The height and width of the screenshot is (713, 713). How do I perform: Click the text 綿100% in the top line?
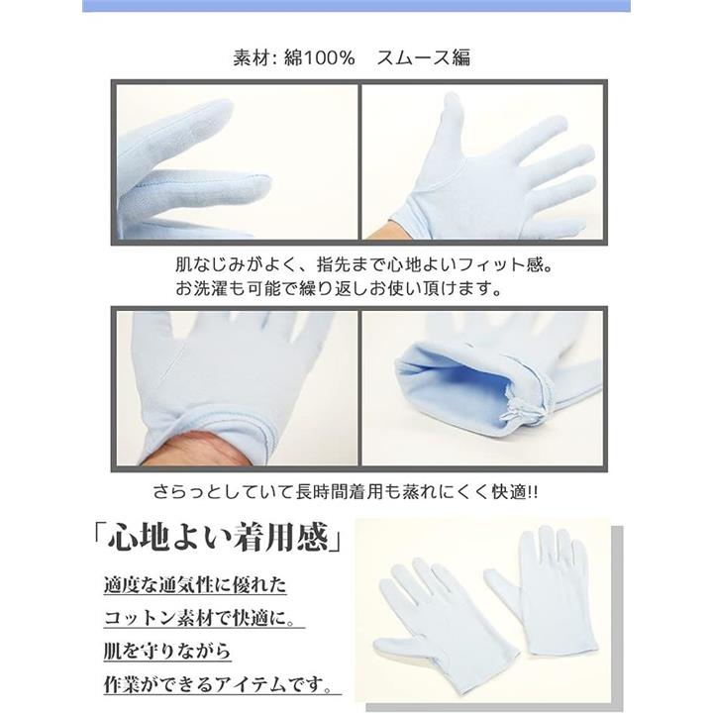319,57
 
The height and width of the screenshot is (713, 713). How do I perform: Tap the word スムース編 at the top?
424,57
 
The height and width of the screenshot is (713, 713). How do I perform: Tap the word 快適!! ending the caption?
515,491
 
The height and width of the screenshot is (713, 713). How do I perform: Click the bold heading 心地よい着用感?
218,537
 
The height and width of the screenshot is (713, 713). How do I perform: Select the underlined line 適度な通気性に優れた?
195,585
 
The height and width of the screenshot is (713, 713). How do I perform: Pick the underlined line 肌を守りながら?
167,652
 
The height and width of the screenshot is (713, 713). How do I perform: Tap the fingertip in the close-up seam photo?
260,185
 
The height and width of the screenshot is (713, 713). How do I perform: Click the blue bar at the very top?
356,6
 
